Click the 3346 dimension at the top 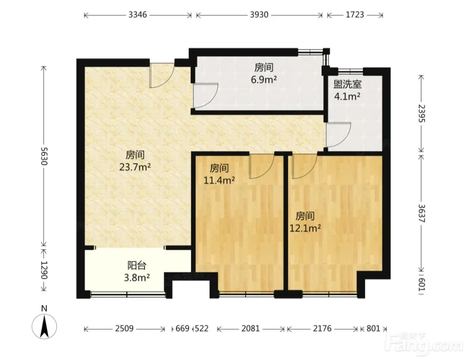(x=138, y=15)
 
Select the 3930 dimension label (x=259, y=15)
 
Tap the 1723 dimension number (x=355, y=15)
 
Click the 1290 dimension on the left (x=44, y=270)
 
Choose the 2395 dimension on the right (x=422, y=113)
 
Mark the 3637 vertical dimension (x=422, y=213)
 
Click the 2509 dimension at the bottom (x=124, y=328)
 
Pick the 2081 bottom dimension (x=250, y=328)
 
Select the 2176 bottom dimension (x=322, y=328)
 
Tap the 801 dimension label (x=373, y=328)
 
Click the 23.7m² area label (x=135, y=167)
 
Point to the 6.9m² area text (x=264, y=80)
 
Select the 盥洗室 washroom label (x=347, y=85)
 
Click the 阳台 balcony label (x=137, y=265)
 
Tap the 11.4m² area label (x=219, y=180)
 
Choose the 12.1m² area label (x=305, y=228)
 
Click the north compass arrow (x=45, y=327)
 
